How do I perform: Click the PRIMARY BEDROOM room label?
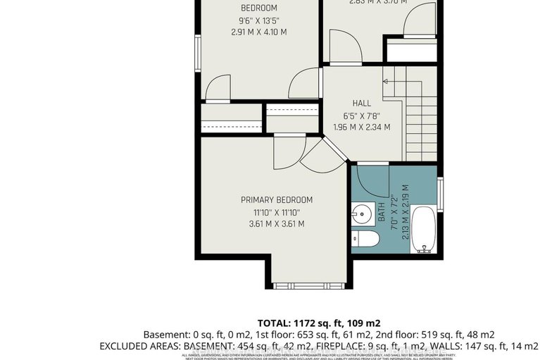[x=276, y=199]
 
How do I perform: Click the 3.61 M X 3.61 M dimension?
[x=276, y=224]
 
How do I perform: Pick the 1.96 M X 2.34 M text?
[x=362, y=128]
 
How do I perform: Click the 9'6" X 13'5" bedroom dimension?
[x=259, y=20]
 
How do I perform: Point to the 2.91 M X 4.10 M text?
[x=259, y=32]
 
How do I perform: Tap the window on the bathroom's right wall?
[x=439, y=194]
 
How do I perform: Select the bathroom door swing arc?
[x=370, y=178]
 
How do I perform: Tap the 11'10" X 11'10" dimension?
[x=276, y=212]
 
